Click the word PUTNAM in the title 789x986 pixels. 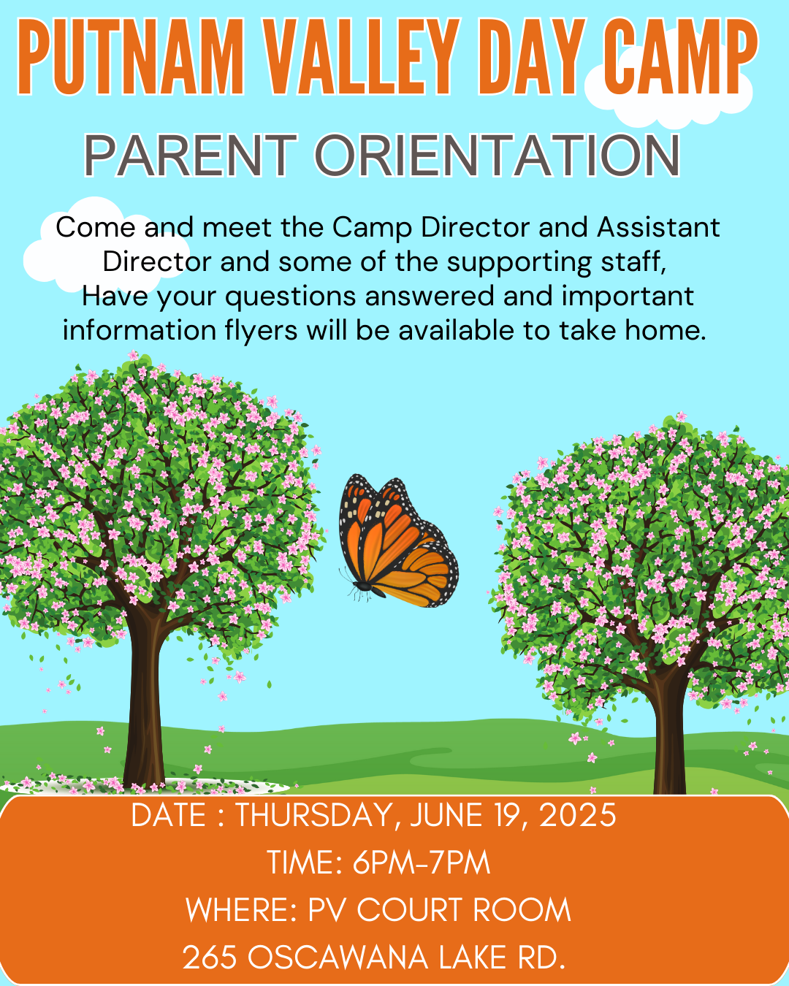[131, 56]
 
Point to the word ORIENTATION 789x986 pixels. [498, 156]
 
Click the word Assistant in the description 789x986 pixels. [658, 227]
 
